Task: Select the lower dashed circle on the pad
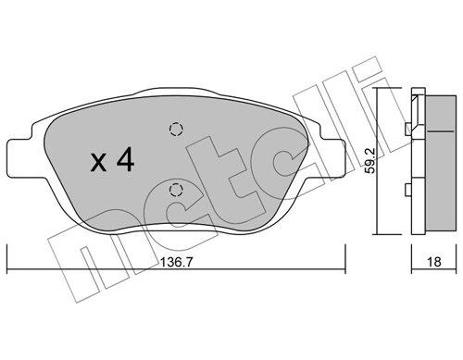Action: pos(176,192)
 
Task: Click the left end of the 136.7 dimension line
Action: pos(7,251)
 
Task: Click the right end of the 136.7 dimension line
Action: pos(344,251)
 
